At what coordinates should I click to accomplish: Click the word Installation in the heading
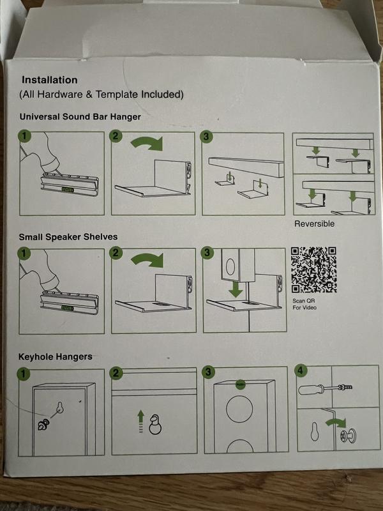[50, 80]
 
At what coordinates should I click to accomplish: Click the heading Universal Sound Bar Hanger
[80, 117]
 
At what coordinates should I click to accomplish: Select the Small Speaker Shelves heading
[68, 237]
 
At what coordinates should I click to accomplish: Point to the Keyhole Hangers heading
[55, 357]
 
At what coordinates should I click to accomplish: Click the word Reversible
[314, 224]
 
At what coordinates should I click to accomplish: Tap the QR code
[313, 270]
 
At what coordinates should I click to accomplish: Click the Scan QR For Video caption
[304, 304]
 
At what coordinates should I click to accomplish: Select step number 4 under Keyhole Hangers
[301, 371]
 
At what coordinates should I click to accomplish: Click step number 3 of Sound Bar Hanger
[206, 137]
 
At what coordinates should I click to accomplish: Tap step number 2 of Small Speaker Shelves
[116, 253]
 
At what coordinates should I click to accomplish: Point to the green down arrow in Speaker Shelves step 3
[236, 289]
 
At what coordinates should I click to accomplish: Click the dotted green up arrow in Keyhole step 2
[140, 421]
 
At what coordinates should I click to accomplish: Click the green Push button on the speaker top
[241, 385]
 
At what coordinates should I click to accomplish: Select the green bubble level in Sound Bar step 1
[68, 189]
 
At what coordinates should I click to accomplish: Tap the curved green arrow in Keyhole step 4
[336, 423]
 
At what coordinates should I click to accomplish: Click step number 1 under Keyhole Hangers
[23, 374]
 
